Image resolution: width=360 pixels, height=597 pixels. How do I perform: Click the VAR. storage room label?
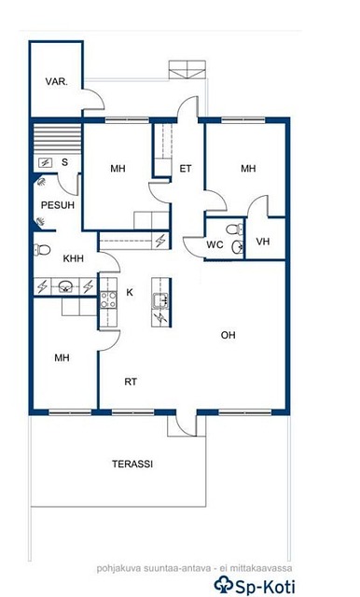click(57, 81)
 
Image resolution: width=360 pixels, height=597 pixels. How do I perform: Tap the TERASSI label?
click(132, 465)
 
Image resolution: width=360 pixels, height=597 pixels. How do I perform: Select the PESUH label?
click(58, 205)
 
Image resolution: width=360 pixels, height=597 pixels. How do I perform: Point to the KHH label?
click(73, 258)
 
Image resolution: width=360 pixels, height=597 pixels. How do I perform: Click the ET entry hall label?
click(186, 168)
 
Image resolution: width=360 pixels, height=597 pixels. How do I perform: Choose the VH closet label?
click(263, 242)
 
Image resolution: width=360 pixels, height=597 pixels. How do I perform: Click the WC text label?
click(215, 244)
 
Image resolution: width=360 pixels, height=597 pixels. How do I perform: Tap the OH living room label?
click(228, 335)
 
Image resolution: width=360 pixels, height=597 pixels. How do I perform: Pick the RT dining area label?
click(131, 382)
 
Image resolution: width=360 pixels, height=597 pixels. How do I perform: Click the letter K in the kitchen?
click(130, 292)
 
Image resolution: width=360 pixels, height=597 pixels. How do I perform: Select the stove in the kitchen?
click(108, 299)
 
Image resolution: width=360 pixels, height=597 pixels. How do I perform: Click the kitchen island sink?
click(160, 300)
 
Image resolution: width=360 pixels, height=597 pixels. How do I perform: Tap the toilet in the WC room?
click(234, 229)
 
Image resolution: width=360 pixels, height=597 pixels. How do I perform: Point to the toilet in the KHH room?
click(42, 250)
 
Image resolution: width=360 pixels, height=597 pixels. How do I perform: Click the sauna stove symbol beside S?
click(46, 163)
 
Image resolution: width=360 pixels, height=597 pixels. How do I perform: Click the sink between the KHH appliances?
click(65, 286)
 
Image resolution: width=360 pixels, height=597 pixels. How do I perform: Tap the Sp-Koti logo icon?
click(223, 584)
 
